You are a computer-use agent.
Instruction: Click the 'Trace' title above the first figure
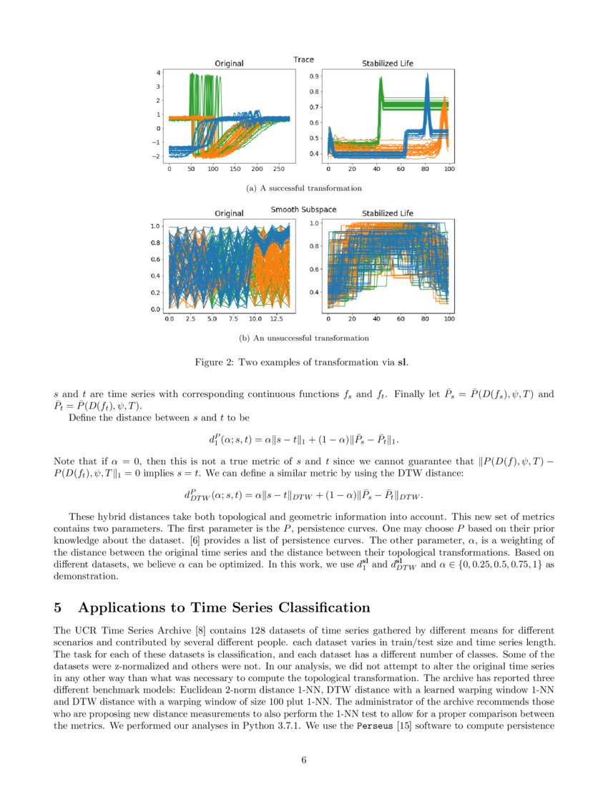point(303,59)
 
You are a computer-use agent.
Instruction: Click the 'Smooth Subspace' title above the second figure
point(303,210)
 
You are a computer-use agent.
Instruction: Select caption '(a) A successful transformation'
point(303,188)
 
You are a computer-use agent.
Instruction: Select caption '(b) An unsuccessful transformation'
point(303,338)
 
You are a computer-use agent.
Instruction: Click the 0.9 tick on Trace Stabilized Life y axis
point(314,76)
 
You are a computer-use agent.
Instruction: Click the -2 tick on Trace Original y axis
point(159,156)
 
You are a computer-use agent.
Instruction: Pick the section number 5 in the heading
point(59,608)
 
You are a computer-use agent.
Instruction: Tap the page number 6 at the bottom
point(303,760)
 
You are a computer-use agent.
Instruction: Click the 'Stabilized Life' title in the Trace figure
point(387,64)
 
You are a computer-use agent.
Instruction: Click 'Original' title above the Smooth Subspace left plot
point(229,213)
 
